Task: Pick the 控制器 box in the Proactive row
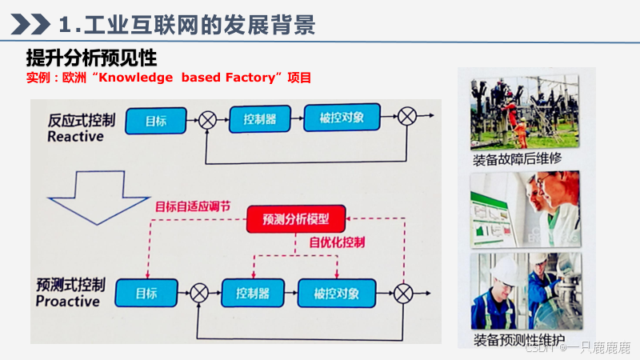252,292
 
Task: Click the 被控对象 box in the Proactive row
336,292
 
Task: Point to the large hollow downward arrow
94,194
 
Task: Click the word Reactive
75,137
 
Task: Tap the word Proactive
68,302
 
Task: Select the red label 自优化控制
337,241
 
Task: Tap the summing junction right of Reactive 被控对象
407,118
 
